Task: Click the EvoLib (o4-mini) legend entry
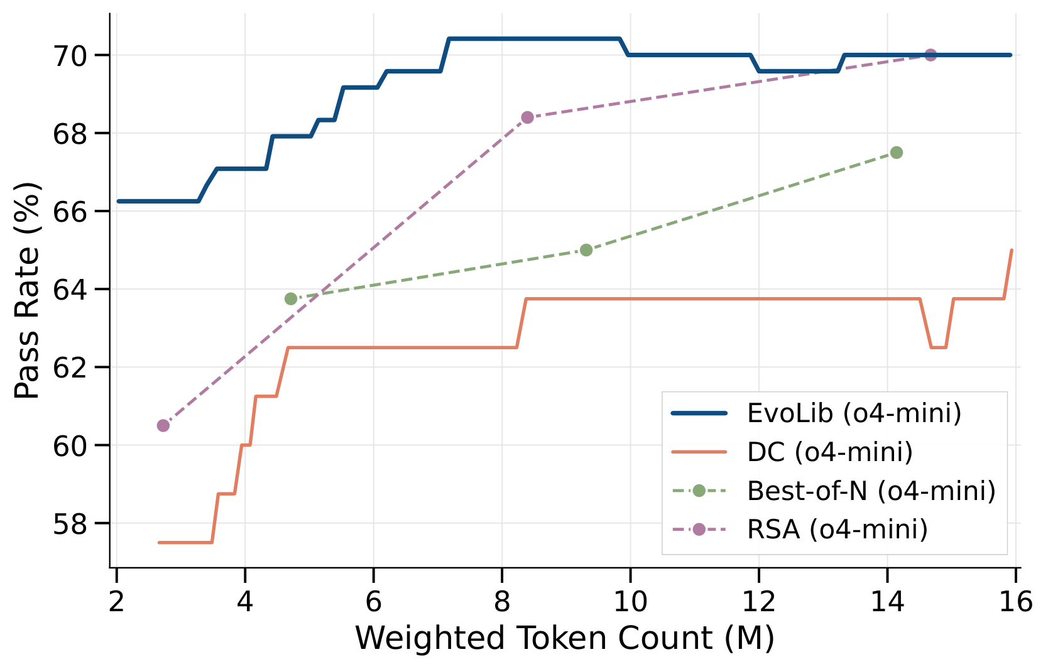(x=816, y=413)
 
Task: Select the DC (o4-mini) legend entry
(x=792, y=452)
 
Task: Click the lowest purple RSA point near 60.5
(x=163, y=426)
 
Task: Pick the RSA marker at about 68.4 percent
(x=527, y=117)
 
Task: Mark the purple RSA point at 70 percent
(x=931, y=55)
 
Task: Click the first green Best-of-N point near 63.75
(x=290, y=299)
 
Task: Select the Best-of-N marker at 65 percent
(x=586, y=250)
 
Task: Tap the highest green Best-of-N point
(x=897, y=153)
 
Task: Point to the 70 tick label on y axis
(x=70, y=56)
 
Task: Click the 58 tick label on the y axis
(x=70, y=524)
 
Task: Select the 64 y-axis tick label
(x=70, y=290)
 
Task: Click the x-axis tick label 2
(x=116, y=601)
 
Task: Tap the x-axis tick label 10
(x=630, y=601)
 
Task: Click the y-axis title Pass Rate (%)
(x=26, y=290)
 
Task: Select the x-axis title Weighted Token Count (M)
(x=565, y=638)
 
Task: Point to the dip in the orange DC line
(x=939, y=347)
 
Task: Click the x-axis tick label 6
(x=373, y=601)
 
